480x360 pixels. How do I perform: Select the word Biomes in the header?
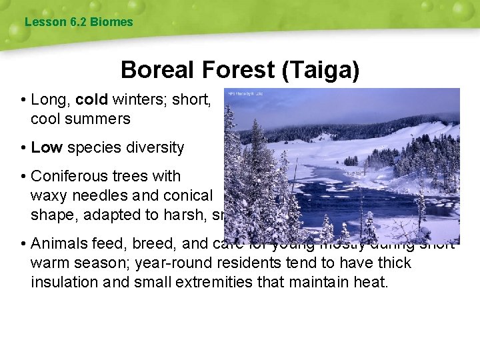111,22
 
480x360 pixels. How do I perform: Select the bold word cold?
92,100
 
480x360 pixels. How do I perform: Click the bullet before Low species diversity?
23,148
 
